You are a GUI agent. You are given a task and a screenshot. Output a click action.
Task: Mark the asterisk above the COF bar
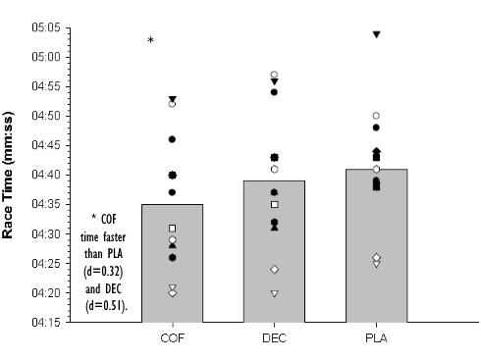[150, 40]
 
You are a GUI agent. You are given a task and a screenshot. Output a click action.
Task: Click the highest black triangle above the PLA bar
[376, 35]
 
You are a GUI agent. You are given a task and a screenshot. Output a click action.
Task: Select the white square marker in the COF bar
[172, 228]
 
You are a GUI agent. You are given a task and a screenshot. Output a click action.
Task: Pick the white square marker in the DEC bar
[274, 204]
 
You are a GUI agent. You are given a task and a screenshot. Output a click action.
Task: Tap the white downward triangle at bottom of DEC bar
[274, 293]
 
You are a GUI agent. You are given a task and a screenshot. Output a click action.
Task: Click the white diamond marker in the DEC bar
[274, 269]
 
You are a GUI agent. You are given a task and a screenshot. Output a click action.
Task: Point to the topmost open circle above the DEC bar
[274, 75]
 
